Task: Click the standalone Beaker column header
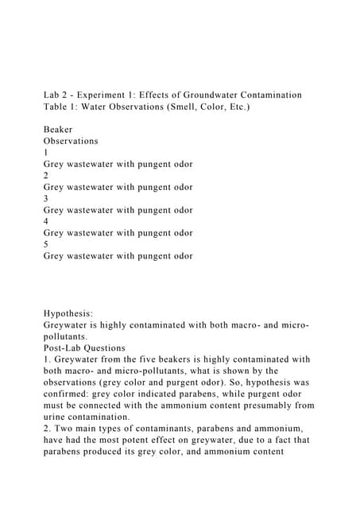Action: click(58, 129)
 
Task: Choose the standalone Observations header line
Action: click(72, 141)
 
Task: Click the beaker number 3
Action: click(46, 198)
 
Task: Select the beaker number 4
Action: click(46, 221)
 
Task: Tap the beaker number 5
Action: click(46, 244)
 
